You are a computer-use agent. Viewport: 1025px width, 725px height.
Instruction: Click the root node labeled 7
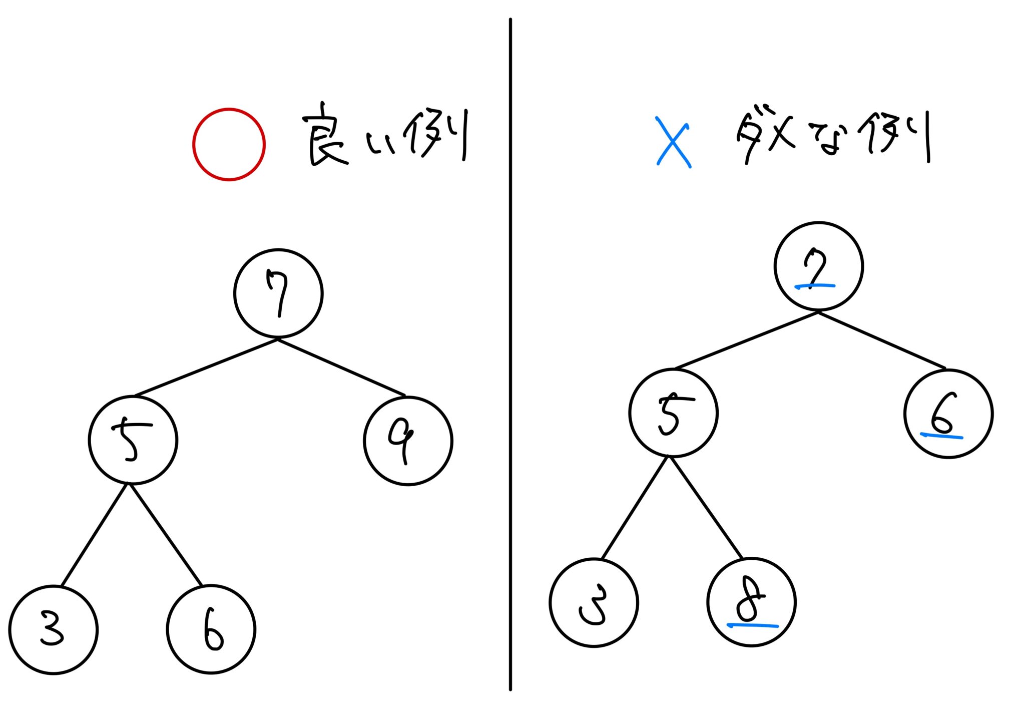278,293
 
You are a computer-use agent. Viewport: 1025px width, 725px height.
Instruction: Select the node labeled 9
408,441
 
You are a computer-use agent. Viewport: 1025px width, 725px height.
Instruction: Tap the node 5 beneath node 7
133,440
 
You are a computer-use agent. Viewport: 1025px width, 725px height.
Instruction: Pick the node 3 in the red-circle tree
53,630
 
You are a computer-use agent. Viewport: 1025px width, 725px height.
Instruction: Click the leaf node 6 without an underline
211,630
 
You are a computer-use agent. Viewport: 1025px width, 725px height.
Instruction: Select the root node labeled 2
818,266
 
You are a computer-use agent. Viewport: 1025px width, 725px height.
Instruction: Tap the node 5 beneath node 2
673,413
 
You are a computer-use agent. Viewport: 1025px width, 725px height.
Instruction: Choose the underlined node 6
948,414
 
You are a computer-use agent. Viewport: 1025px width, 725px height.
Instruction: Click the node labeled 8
751,602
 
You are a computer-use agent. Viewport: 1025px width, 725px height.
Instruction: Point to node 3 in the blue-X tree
594,603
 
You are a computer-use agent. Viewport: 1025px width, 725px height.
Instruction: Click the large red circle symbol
229,144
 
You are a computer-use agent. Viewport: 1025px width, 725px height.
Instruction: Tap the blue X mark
673,142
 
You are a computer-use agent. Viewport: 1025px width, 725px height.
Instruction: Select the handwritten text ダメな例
833,136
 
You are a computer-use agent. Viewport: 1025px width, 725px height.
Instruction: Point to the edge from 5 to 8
706,508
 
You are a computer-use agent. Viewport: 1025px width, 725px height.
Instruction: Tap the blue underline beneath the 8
752,625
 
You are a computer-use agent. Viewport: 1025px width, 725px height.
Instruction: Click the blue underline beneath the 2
815,286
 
